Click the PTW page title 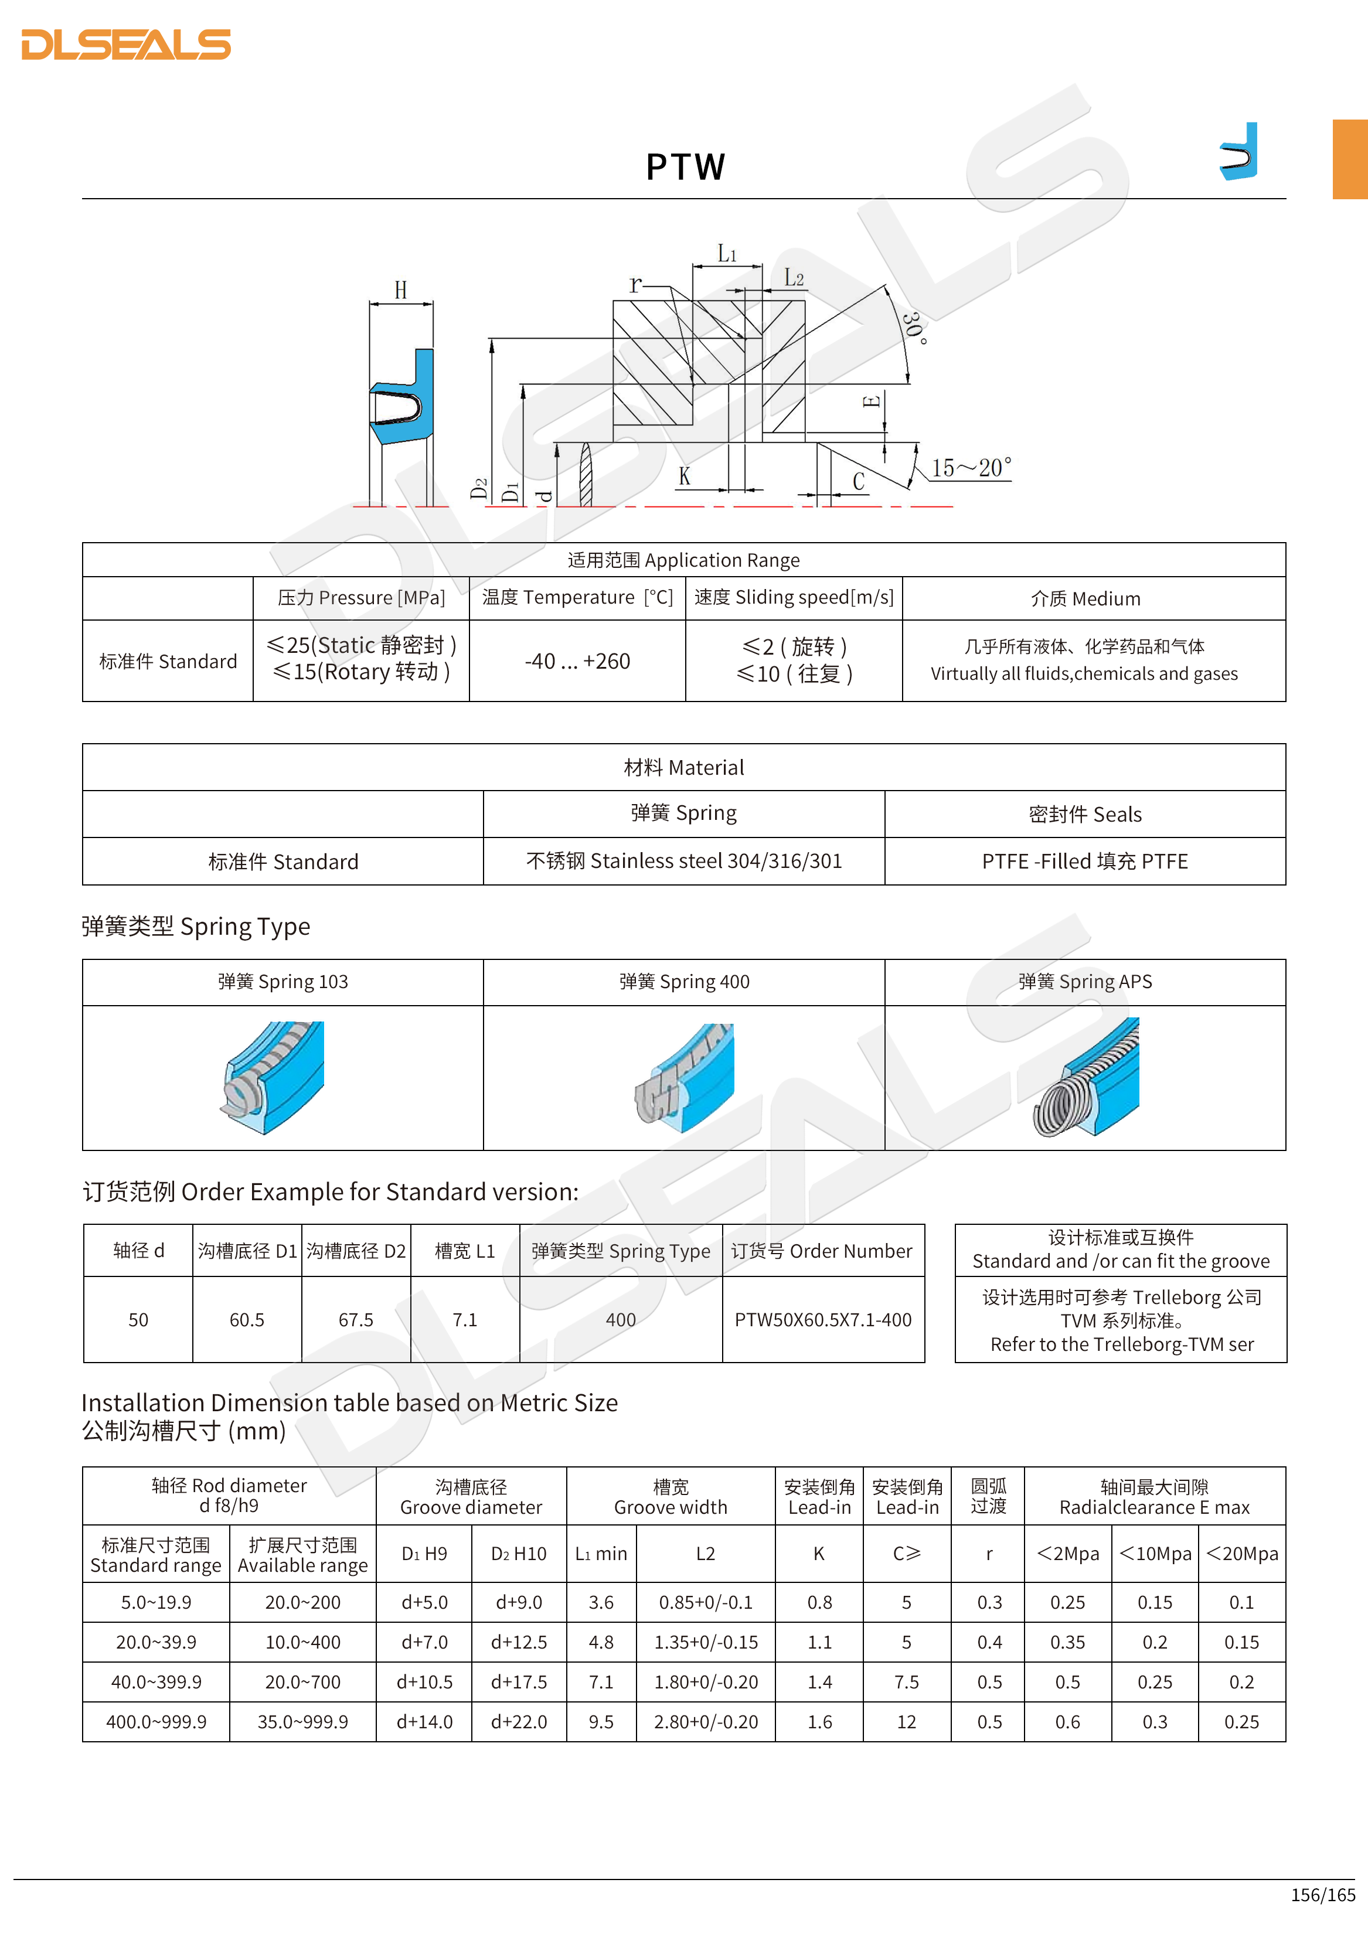coord(685,167)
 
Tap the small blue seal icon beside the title coord(1238,152)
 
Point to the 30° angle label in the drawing coord(914,328)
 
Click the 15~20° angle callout coord(971,468)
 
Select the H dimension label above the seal coord(401,291)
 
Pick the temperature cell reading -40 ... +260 coord(577,661)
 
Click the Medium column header coord(1085,599)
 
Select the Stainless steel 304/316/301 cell coord(683,861)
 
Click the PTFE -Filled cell coord(1084,861)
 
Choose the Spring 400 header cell coord(683,981)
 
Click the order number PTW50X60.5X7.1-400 coord(822,1320)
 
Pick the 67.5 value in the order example coord(355,1320)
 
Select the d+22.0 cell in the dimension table coord(518,1722)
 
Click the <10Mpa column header coord(1154,1553)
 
